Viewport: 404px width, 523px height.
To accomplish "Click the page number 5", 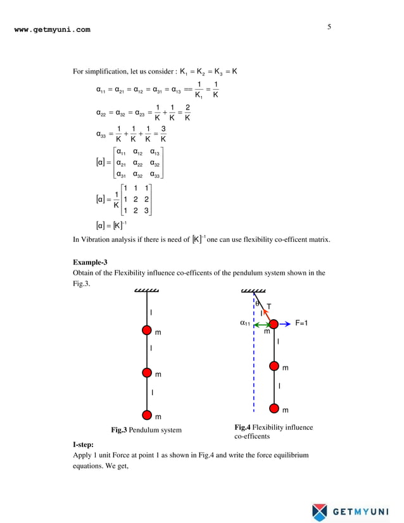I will click(329, 27).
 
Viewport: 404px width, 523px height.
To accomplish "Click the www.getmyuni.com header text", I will click(52, 29).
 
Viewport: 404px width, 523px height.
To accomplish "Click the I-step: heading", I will click(87, 445).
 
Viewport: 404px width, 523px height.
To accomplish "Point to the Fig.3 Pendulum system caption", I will click(146, 431).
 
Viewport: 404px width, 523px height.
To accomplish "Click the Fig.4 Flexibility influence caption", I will click(274, 427).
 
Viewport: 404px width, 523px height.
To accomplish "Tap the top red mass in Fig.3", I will click(147, 330).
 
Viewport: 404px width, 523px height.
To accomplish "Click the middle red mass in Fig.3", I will click(147, 372).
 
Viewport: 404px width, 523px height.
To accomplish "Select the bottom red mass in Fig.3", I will click(147, 415).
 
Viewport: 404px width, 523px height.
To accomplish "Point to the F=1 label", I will click(302, 323).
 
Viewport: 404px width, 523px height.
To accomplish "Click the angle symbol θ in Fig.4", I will click(258, 304).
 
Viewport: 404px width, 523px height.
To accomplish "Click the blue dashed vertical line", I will click(253, 367).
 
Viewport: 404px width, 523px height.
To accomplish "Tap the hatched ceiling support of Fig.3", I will click(147, 292).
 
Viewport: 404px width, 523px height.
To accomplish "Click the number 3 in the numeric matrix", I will click(147, 211).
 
